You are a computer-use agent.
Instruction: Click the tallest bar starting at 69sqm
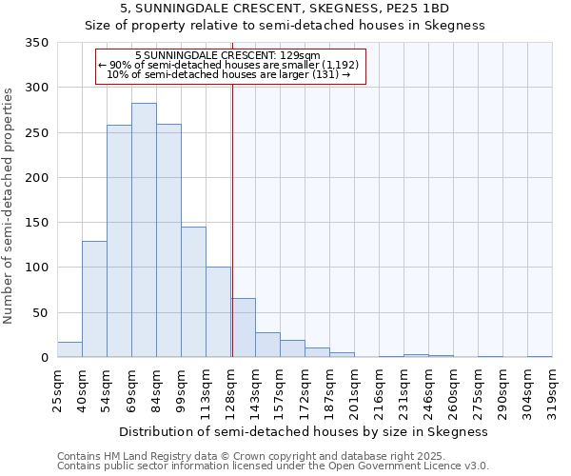pos(144,230)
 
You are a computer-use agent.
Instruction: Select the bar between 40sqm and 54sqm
pos(94,299)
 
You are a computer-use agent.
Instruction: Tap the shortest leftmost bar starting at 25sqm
pos(69,349)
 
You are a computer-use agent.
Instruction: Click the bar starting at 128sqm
pos(243,328)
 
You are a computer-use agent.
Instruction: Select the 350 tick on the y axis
pos(37,43)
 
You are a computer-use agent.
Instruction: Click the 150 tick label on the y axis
pos(37,223)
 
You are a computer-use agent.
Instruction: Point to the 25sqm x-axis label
pos(58,389)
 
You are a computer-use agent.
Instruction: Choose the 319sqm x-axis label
pos(553,389)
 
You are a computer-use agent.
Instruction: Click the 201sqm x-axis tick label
pos(355,389)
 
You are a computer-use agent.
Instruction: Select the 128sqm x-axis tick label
pos(231,389)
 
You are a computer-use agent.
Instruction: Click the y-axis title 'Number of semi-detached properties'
pos(10,206)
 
